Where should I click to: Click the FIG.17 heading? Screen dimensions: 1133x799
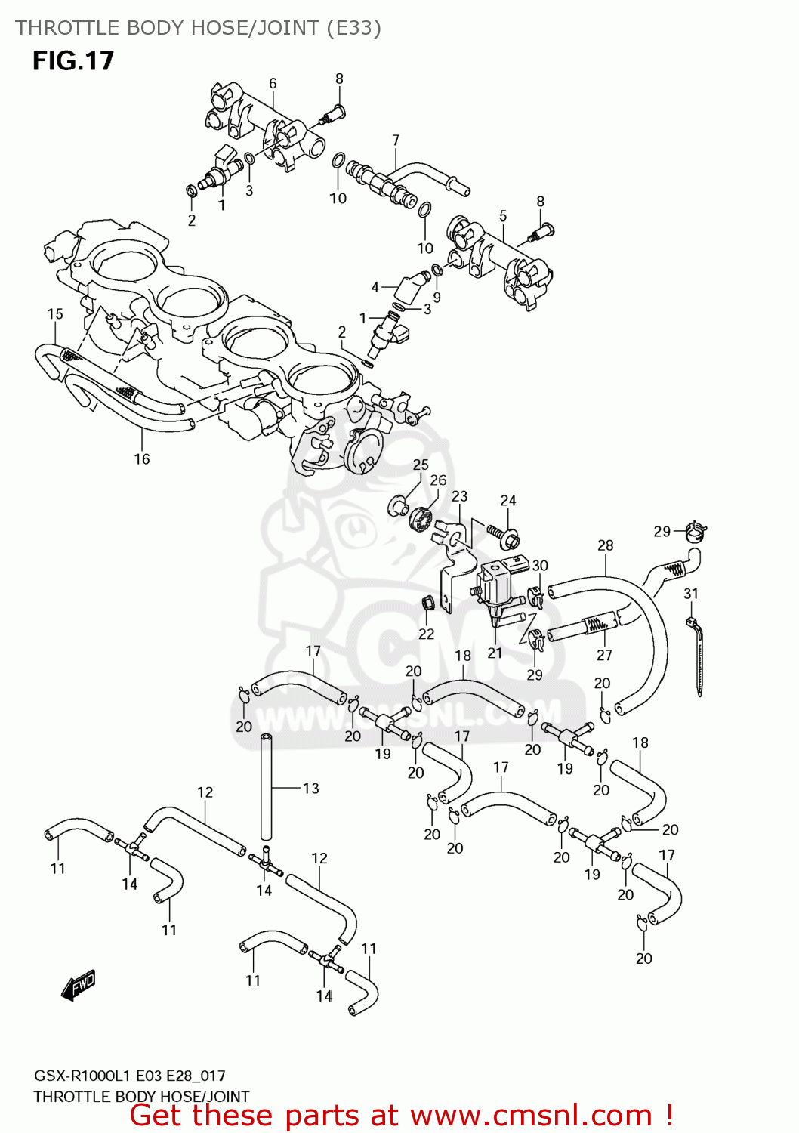pyautogui.click(x=72, y=60)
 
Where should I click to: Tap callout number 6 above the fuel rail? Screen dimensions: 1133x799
pyautogui.click(x=273, y=83)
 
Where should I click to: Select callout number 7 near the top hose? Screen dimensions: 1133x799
pyautogui.click(x=396, y=140)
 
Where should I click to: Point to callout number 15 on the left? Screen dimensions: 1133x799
pyautogui.click(x=55, y=314)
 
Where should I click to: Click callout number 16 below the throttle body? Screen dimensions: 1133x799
pyautogui.click(x=142, y=458)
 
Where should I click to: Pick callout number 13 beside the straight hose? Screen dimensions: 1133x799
pyautogui.click(x=310, y=788)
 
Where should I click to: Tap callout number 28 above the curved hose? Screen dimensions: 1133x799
pyautogui.click(x=605, y=545)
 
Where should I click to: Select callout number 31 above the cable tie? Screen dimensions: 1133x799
pyautogui.click(x=691, y=594)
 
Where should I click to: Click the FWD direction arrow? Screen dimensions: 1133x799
pyautogui.click(x=79, y=984)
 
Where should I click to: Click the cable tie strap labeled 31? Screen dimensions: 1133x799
pyautogui.click(x=697, y=657)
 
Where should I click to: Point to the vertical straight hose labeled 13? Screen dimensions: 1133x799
pyautogui.click(x=266, y=786)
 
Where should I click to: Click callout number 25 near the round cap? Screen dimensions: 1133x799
pyautogui.click(x=421, y=465)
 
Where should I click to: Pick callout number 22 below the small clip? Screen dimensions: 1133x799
pyautogui.click(x=426, y=634)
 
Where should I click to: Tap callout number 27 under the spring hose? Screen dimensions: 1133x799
pyautogui.click(x=604, y=655)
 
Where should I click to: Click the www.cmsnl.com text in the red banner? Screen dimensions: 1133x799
pyautogui.click(x=531, y=1115)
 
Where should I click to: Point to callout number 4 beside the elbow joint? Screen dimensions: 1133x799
pyautogui.click(x=375, y=287)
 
